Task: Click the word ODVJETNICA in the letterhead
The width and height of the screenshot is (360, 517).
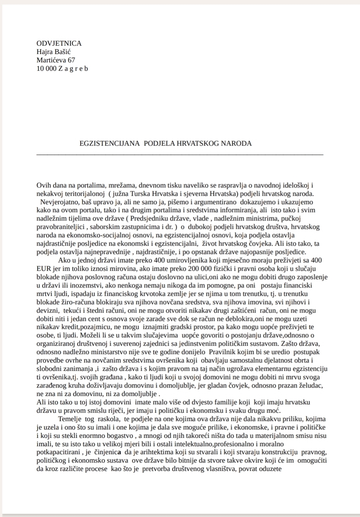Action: pos(59,43)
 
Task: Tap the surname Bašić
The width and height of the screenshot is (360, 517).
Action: pos(63,52)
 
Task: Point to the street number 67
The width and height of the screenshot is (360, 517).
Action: pos(71,60)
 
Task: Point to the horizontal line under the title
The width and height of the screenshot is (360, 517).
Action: pos(179,154)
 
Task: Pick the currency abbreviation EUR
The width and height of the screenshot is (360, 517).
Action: pos(44,269)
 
